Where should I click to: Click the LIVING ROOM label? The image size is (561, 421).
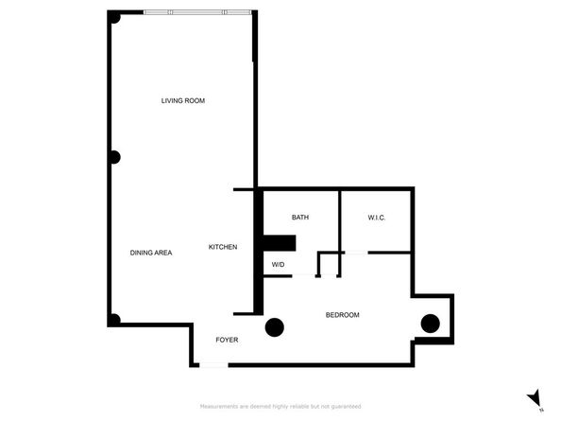click(x=182, y=100)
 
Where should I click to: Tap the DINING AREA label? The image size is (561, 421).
click(x=150, y=253)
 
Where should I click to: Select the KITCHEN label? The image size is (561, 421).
click(x=223, y=247)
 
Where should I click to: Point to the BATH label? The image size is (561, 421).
click(x=300, y=218)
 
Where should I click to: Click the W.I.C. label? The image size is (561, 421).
click(x=377, y=218)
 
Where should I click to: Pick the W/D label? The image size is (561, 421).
click(x=279, y=265)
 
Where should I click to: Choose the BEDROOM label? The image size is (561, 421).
click(x=342, y=315)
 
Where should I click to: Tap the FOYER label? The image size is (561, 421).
click(x=227, y=339)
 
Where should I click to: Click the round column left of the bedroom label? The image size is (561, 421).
click(x=275, y=327)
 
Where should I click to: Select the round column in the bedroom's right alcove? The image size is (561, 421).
click(x=431, y=323)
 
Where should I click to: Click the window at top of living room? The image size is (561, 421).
click(x=198, y=12)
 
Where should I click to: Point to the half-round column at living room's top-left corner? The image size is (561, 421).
click(x=113, y=18)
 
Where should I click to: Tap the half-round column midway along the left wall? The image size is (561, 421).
click(x=113, y=158)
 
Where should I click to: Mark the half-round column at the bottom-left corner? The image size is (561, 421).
click(x=113, y=320)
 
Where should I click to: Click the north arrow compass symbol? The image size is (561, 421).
click(x=535, y=397)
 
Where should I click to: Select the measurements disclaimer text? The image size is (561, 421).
click(x=280, y=406)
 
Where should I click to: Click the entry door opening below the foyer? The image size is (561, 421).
click(x=213, y=365)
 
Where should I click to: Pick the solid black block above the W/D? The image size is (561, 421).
click(x=280, y=243)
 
